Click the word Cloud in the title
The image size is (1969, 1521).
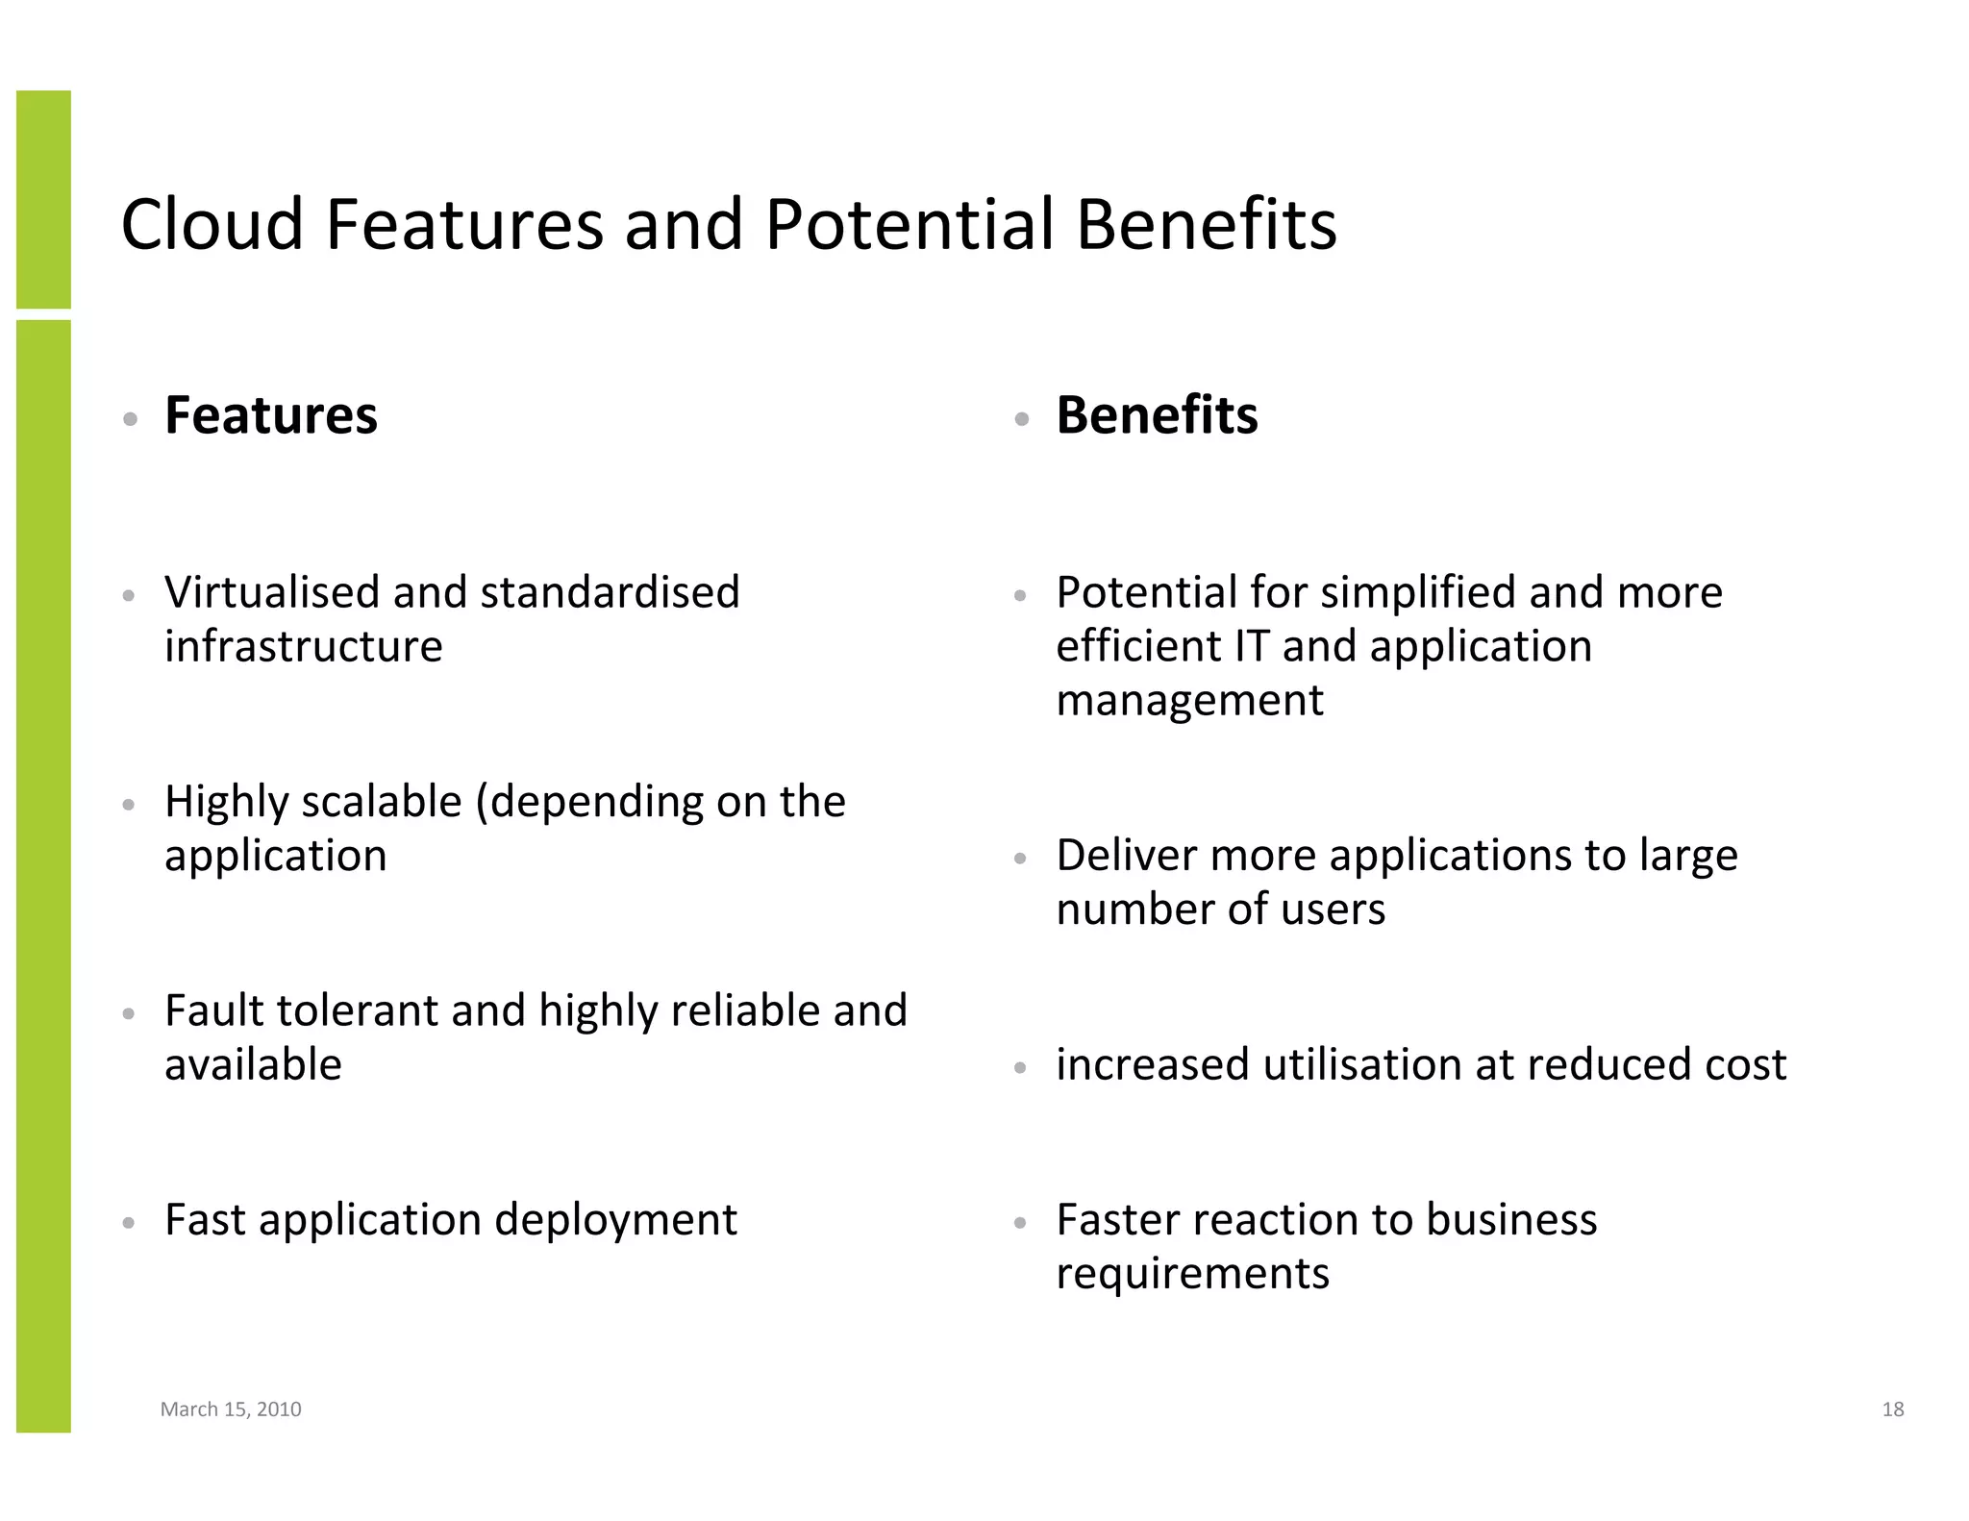click(212, 225)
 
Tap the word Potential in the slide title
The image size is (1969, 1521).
click(909, 225)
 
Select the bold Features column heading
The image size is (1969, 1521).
click(271, 415)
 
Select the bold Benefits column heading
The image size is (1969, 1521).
click(1157, 415)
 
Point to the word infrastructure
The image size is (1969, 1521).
click(303, 646)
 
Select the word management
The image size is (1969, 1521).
click(1189, 701)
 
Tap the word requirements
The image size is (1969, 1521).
click(1192, 1275)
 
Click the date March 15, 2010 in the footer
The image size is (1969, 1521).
click(231, 1409)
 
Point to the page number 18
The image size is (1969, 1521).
click(1892, 1409)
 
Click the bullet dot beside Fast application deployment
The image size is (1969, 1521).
click(129, 1224)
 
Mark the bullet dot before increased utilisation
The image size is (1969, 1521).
click(1021, 1068)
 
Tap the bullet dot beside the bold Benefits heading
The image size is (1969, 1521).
click(1021, 419)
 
